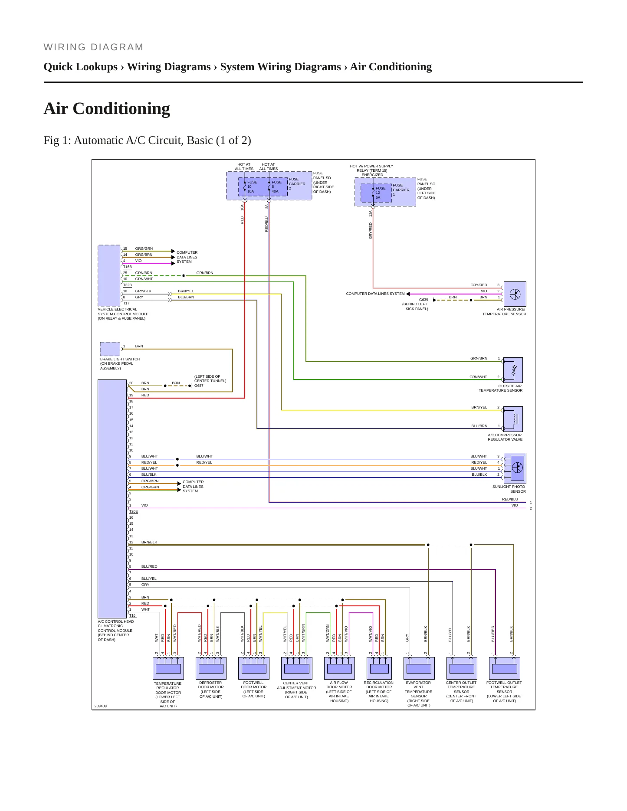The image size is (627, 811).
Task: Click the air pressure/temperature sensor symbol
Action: point(515,294)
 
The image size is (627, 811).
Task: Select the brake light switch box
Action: point(110,349)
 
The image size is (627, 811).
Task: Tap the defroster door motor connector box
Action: point(211,668)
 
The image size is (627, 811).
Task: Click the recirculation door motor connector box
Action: point(379,668)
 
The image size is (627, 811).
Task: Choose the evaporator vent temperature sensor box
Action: point(419,668)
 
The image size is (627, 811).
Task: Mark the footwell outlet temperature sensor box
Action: point(504,668)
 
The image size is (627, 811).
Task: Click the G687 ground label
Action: point(199,386)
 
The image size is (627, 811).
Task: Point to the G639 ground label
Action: point(423,300)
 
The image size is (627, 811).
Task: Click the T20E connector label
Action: point(133,511)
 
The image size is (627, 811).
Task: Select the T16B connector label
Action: point(127,267)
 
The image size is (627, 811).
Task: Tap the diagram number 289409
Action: point(100,706)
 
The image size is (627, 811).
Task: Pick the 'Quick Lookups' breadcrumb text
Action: point(81,67)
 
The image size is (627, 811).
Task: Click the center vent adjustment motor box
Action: point(297,668)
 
